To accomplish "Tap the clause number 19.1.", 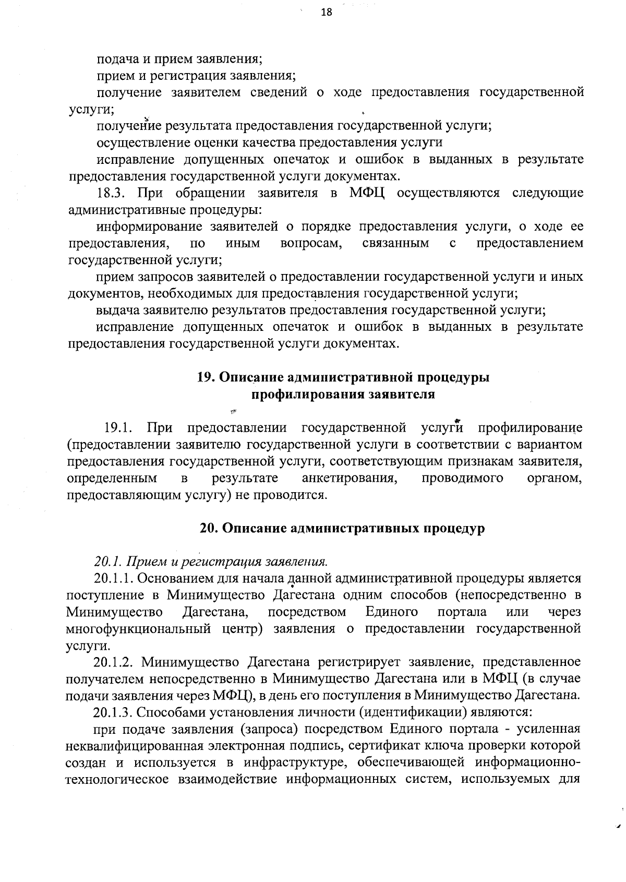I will coord(118,428).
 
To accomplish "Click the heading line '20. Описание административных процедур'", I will coord(342,528).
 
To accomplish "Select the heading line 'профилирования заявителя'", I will coord(343,394).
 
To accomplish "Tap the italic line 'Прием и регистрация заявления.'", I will coord(228,562).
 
